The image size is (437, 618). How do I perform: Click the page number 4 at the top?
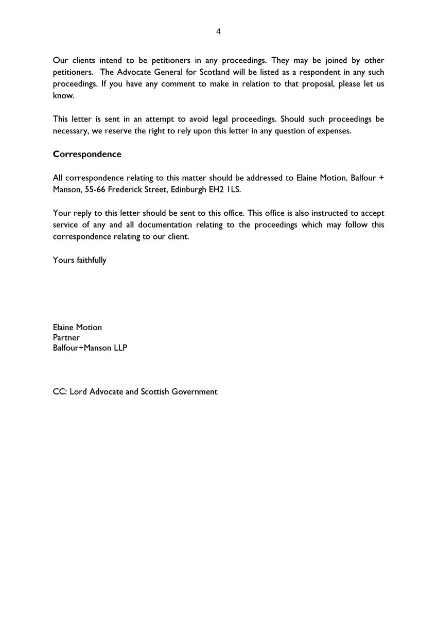click(218, 31)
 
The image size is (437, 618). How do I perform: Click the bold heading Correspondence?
click(87, 154)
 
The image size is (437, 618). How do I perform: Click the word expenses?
click(335, 131)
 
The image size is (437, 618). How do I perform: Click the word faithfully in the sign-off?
click(92, 260)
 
